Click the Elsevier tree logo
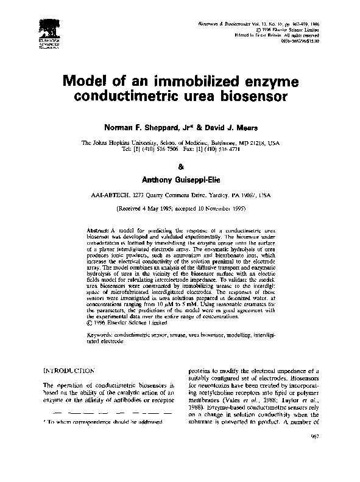click(47, 30)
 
